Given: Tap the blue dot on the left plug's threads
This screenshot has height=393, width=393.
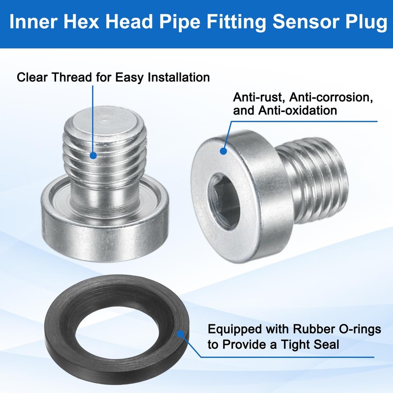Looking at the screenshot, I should [x=93, y=155].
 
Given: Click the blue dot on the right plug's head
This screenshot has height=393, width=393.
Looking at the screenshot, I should [x=224, y=151].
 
